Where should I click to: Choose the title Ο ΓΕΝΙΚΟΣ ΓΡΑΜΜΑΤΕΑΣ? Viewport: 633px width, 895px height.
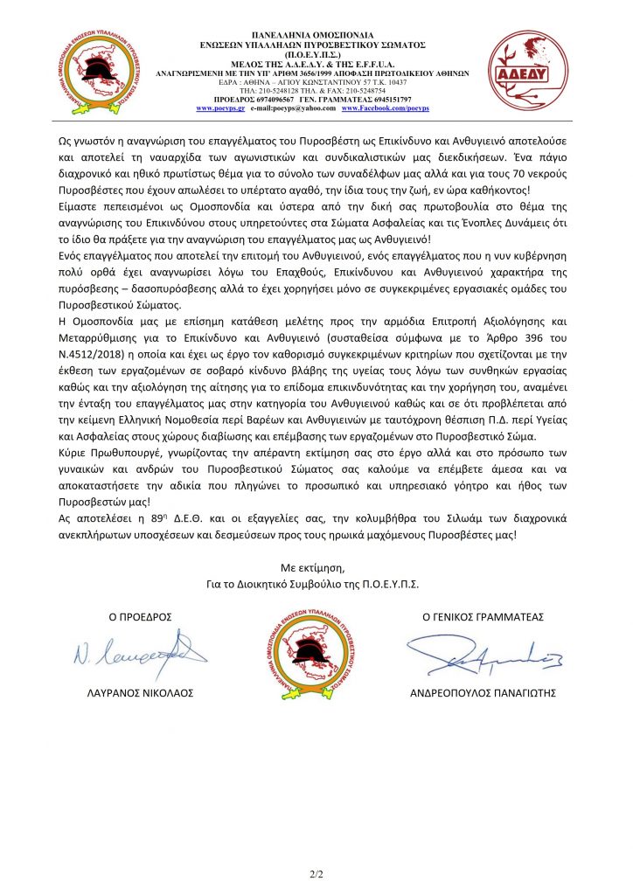coord(483,617)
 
